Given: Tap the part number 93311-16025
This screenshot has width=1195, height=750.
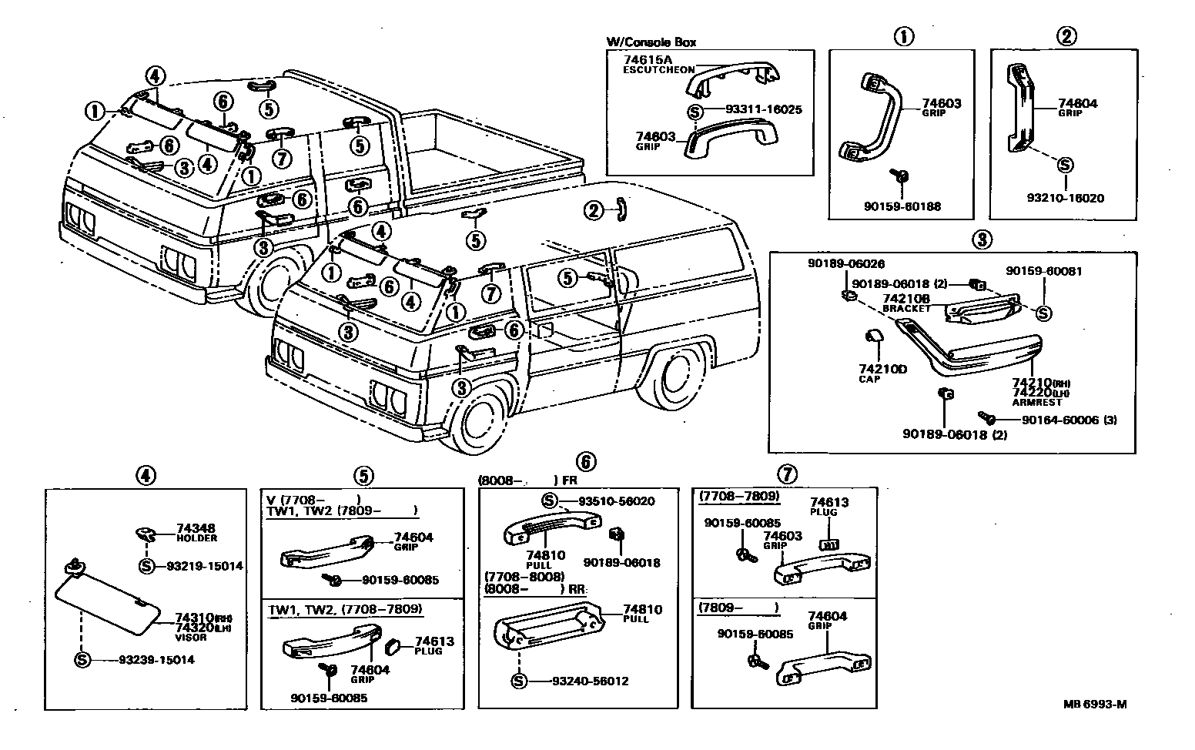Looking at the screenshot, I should click(763, 109).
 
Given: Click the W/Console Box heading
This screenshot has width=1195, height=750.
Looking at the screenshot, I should click(651, 42).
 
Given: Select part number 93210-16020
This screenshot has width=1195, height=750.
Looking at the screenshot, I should click(1065, 198).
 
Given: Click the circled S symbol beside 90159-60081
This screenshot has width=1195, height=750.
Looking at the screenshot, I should click(1043, 313).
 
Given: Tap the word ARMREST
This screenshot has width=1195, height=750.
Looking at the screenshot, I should click(1036, 402).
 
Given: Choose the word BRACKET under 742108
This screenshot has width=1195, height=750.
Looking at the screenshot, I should click(906, 308).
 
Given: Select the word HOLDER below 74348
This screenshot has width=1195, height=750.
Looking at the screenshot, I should click(197, 539).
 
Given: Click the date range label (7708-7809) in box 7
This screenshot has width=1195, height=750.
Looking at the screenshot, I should click(739, 497).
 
